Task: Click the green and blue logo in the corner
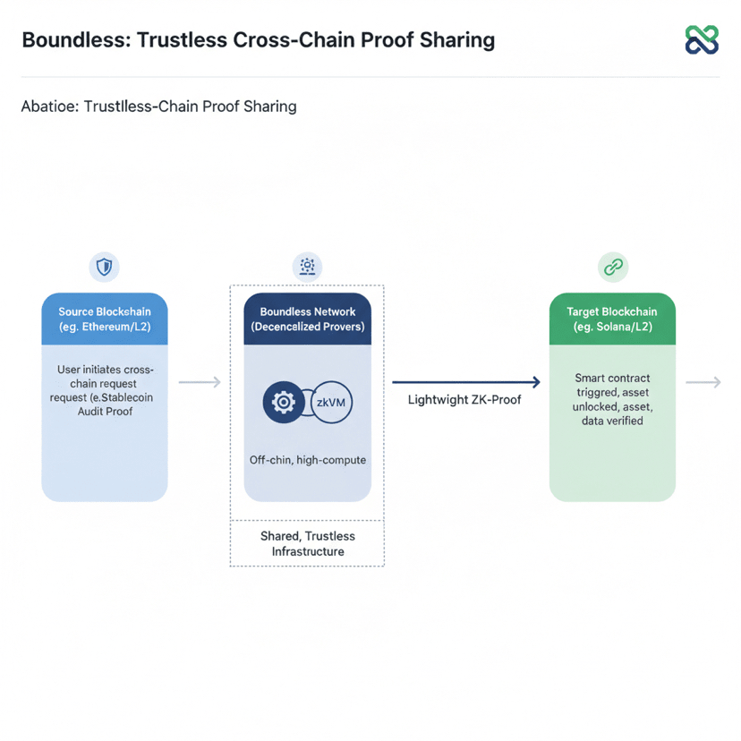click(701, 39)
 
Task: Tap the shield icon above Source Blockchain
click(105, 267)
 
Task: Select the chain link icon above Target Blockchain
click(612, 267)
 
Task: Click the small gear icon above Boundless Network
click(307, 266)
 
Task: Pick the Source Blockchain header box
click(105, 319)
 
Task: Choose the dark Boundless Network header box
click(307, 319)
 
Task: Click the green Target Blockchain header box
click(612, 319)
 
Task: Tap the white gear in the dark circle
click(284, 403)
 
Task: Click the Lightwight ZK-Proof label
click(464, 399)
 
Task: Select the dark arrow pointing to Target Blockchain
click(466, 382)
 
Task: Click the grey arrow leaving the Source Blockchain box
click(200, 382)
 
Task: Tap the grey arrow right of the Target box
click(703, 382)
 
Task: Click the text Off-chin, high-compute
click(307, 460)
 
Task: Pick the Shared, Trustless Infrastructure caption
click(307, 543)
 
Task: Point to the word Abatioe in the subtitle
click(50, 106)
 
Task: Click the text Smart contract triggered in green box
click(612, 385)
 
